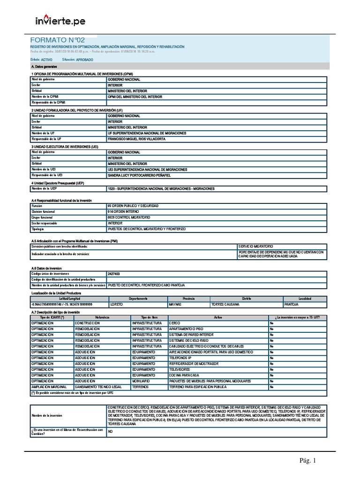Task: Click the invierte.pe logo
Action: tap(60, 22)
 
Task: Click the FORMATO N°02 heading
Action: tap(58, 41)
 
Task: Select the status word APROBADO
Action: tap(84, 60)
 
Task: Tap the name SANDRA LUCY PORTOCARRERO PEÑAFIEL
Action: tap(139, 175)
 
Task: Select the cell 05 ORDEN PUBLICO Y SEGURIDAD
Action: tap(133, 206)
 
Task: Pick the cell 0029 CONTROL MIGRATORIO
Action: tap(129, 217)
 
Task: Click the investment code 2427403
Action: tap(114, 273)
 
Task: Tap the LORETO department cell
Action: tap(117, 304)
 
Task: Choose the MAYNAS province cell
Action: tap(174, 304)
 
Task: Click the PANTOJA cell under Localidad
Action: tap(292, 304)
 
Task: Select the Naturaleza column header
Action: tap(102, 317)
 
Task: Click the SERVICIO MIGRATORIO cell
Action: tap(255, 246)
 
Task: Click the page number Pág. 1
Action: tap(308, 461)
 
